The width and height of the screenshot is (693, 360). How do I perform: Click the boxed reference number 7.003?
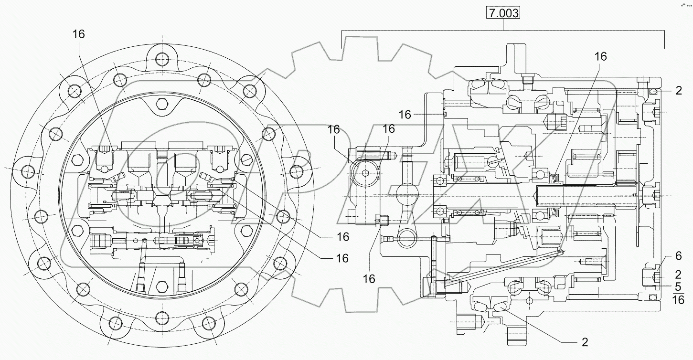(x=503, y=13)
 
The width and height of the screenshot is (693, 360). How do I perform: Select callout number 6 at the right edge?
(x=678, y=256)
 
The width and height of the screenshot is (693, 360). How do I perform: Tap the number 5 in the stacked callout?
(x=678, y=287)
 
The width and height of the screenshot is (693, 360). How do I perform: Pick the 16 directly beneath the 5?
(x=678, y=300)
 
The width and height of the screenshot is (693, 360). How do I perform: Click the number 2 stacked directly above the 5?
(x=678, y=274)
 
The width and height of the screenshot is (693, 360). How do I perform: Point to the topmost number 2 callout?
(x=679, y=91)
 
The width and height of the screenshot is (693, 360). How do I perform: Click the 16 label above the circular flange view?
(x=79, y=34)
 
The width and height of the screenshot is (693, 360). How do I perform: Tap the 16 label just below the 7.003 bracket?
(x=600, y=56)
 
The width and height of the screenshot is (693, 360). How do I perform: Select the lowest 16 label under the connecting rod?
(x=369, y=279)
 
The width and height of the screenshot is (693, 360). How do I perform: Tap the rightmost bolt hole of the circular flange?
(x=296, y=170)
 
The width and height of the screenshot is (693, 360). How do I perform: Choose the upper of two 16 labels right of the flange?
(x=342, y=237)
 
